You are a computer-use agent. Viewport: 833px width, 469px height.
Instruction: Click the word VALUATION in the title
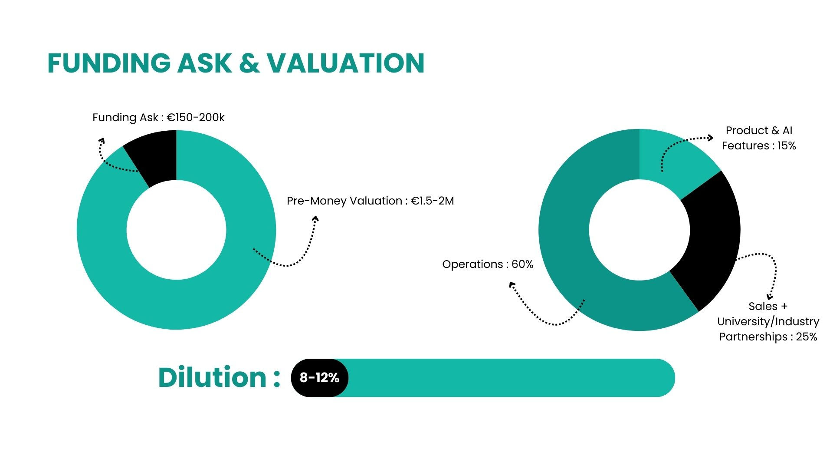click(345, 63)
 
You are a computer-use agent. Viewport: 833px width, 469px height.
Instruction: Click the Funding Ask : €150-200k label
click(158, 118)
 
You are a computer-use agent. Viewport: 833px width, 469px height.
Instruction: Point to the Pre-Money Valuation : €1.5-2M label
click(370, 201)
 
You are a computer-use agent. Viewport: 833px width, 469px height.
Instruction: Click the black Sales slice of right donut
click(712, 239)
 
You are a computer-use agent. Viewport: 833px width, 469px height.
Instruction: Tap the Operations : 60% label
click(488, 264)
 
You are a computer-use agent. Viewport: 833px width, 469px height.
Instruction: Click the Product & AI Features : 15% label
click(759, 138)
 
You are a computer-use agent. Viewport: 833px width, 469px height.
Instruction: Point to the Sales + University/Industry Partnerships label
click(768, 322)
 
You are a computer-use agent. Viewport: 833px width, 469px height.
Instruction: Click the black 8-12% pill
click(320, 378)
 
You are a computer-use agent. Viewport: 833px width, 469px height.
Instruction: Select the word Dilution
click(212, 377)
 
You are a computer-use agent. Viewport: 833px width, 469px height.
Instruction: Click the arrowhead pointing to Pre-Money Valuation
click(315, 219)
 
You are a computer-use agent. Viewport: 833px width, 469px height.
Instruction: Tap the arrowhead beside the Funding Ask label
click(102, 141)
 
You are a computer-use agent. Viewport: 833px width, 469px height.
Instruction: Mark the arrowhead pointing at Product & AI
click(710, 138)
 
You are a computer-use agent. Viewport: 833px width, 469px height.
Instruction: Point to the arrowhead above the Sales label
click(770, 297)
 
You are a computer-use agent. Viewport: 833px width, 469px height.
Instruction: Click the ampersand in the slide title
click(249, 63)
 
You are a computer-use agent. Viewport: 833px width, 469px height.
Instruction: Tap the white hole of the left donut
click(177, 230)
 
